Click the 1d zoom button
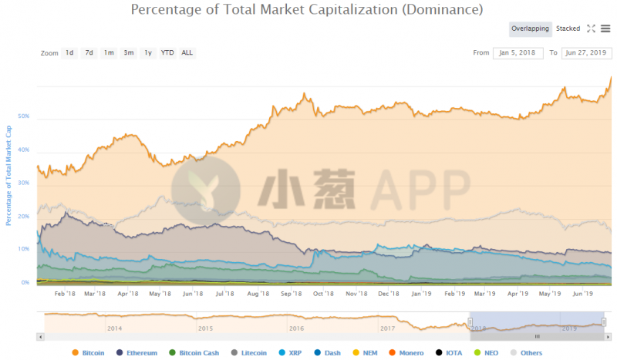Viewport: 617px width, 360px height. tap(69, 53)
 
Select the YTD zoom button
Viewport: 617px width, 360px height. tap(167, 53)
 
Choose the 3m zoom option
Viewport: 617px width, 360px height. tap(128, 53)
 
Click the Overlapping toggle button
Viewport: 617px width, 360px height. tap(530, 29)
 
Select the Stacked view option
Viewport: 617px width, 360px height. tap(568, 29)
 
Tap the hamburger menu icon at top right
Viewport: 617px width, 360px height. tap(605, 29)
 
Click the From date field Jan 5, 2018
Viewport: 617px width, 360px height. tap(518, 53)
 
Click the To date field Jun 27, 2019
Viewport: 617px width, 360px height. tap(585, 53)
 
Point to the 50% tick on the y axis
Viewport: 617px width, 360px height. tap(24, 116)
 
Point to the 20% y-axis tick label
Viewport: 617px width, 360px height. tap(24, 216)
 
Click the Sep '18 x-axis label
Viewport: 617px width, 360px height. tap(290, 294)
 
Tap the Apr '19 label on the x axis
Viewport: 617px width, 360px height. tap(518, 294)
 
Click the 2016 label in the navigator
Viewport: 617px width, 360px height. tap(296, 328)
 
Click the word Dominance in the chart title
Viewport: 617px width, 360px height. tap(437, 10)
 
